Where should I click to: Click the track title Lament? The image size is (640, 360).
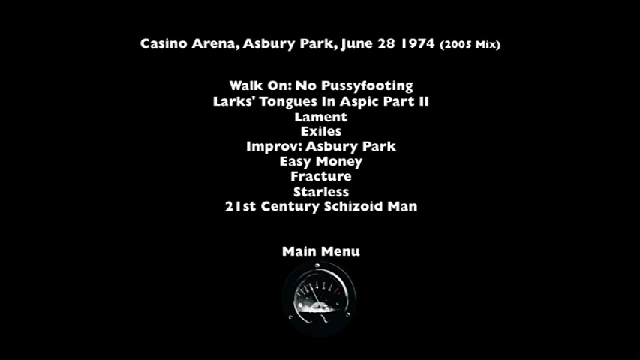pos(321,117)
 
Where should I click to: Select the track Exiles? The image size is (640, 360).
pos(321,131)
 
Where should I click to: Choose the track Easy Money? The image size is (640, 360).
pos(321,162)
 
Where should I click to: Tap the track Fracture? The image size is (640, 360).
pos(321,176)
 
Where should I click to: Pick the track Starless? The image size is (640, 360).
pos(321,192)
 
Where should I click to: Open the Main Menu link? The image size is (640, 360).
pos(321,251)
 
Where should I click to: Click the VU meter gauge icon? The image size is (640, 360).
pos(319,298)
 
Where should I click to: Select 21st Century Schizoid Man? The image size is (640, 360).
pos(321,206)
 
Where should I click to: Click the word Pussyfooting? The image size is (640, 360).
pos(367,86)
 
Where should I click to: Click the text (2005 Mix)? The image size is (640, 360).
pos(470,44)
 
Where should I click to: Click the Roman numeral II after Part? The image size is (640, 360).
pos(424,101)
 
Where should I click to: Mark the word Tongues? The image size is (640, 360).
pos(289,102)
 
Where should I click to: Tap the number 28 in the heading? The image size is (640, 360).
pos(386,43)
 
